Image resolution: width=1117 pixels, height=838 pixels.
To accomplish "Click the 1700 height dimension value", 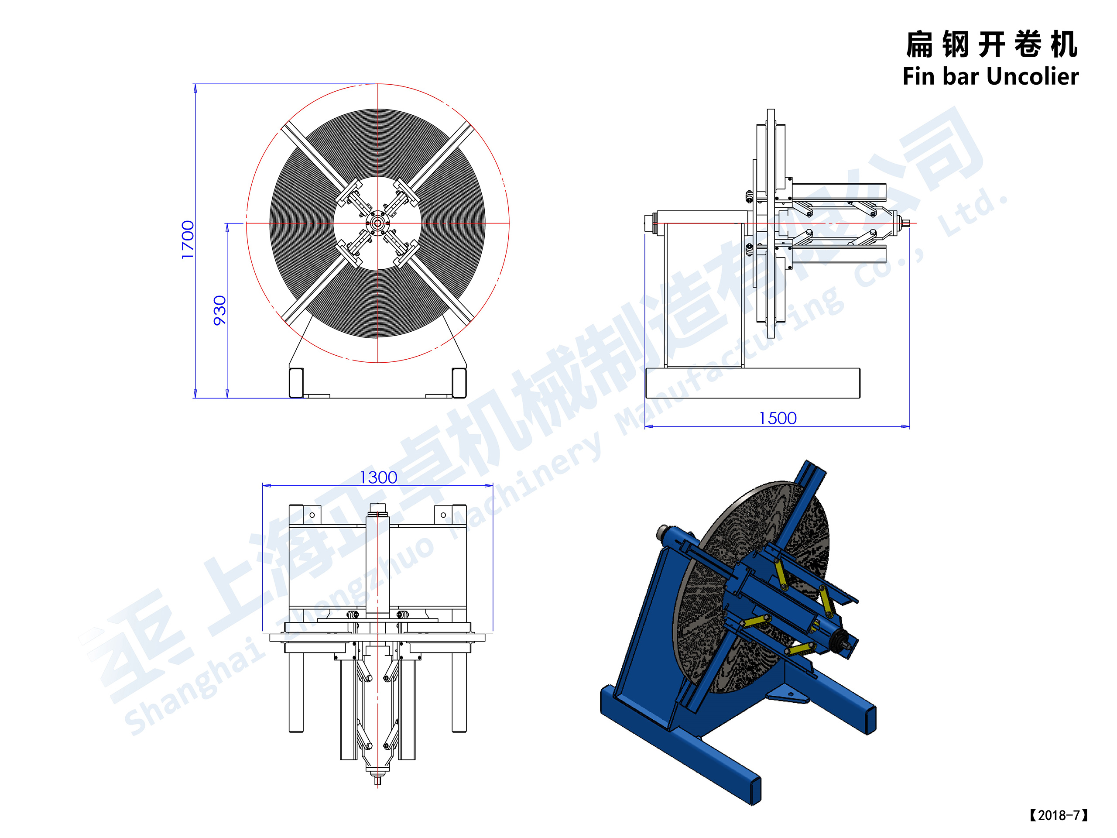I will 187,240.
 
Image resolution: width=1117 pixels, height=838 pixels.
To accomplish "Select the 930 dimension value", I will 219,310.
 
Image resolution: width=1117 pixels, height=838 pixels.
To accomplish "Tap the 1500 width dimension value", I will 777,418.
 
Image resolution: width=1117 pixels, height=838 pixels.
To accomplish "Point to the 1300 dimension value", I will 378,477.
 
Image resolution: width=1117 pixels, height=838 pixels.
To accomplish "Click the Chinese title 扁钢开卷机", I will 991,45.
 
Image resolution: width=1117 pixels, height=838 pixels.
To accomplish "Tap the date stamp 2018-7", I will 1059,815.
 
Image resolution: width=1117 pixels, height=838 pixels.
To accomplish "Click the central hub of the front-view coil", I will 377,223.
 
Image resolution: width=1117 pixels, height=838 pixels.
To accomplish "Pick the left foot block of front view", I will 296,383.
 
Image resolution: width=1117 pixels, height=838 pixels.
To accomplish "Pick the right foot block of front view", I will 459,383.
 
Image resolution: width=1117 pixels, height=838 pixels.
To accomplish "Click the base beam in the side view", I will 752,383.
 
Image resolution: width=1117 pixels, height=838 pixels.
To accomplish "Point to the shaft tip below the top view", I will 377,780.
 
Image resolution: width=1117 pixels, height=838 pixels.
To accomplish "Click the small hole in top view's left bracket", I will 312,515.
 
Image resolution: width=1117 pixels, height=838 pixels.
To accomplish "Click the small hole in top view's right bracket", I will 443,515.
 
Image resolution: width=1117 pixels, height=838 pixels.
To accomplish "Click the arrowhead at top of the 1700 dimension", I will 195,89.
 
